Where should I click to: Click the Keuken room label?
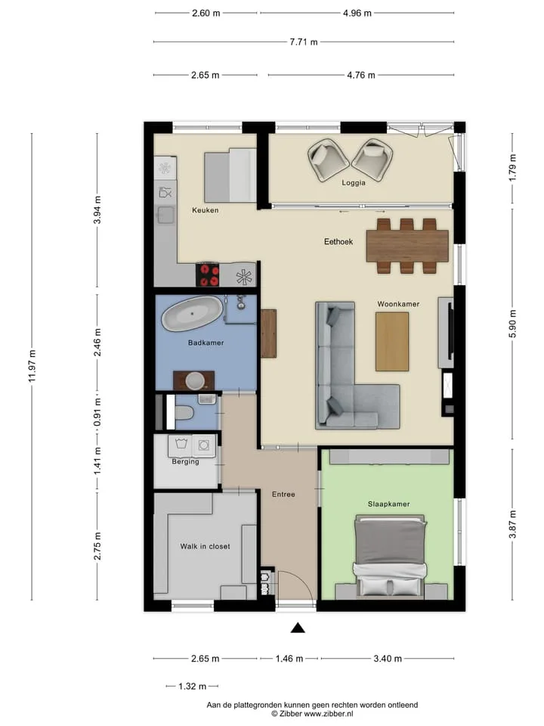click(206, 210)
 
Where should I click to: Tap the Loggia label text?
click(354, 183)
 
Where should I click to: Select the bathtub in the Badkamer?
click(192, 313)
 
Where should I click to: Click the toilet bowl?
click(184, 412)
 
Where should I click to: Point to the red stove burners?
click(208, 275)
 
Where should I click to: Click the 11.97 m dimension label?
click(32, 366)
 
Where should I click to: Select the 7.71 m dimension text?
click(304, 42)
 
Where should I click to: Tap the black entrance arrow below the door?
click(298, 628)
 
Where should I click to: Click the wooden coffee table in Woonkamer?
click(392, 342)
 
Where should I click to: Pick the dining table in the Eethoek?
click(407, 246)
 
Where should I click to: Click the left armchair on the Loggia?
click(328, 160)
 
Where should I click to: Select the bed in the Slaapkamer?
click(390, 556)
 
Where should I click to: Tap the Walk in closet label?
click(205, 546)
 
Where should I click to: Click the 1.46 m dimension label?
click(289, 659)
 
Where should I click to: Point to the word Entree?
click(283, 495)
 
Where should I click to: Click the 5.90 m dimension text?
click(512, 324)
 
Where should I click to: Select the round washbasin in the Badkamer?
click(195, 380)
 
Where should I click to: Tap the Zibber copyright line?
click(312, 714)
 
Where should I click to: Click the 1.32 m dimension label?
click(193, 686)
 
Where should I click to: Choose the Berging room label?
click(186, 461)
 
